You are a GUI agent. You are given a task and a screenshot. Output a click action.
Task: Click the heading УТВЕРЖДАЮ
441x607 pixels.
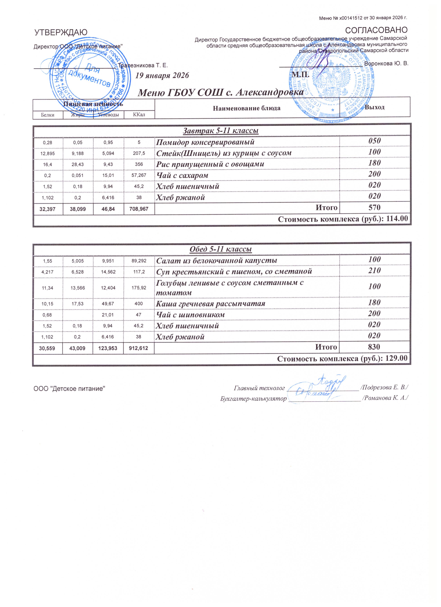point(61,32)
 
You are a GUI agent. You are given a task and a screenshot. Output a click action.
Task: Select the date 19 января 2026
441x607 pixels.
point(162,75)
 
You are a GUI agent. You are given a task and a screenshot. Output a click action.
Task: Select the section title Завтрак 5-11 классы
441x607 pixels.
point(221,131)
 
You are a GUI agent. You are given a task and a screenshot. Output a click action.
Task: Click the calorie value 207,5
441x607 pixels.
point(139,153)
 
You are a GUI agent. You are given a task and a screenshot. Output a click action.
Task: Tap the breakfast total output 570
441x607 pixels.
point(374,207)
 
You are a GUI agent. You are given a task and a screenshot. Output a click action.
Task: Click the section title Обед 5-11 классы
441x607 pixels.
point(221,249)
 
